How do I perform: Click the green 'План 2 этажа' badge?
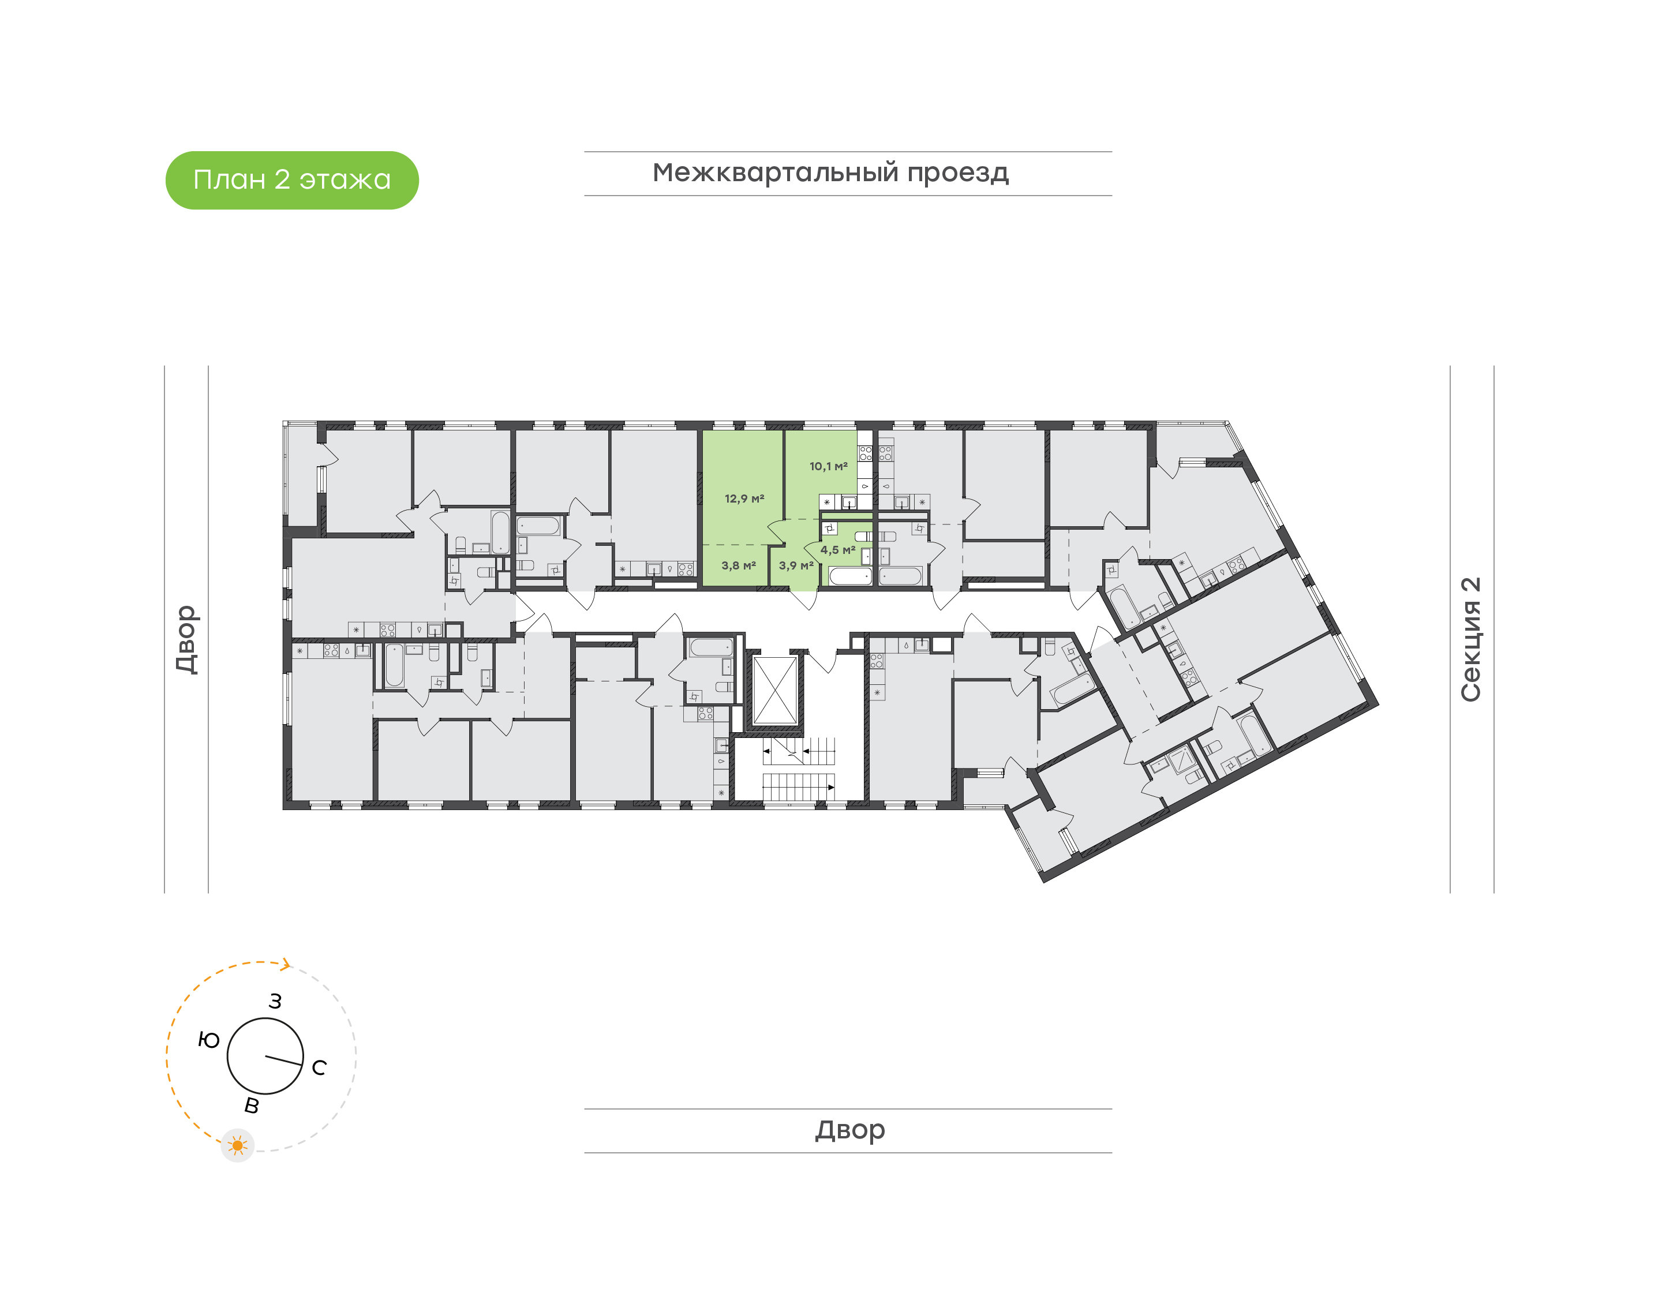click(x=291, y=180)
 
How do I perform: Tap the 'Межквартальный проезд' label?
click(x=830, y=173)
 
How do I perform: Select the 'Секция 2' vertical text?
click(x=1470, y=639)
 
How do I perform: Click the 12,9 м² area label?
click(x=744, y=499)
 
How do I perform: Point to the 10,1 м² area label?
click(x=828, y=466)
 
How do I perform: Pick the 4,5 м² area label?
click(x=837, y=550)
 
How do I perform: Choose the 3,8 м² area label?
click(x=738, y=565)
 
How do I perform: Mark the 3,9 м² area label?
click(x=795, y=565)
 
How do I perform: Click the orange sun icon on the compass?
click(x=237, y=1145)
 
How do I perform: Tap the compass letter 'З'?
click(x=275, y=1002)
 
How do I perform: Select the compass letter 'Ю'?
click(x=208, y=1040)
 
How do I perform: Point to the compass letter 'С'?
click(x=319, y=1067)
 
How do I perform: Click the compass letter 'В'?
click(x=251, y=1106)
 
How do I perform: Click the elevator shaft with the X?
click(x=775, y=690)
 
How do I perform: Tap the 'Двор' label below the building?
click(x=849, y=1130)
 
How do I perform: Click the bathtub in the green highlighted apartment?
click(x=849, y=576)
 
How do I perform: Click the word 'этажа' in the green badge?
click(x=345, y=180)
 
